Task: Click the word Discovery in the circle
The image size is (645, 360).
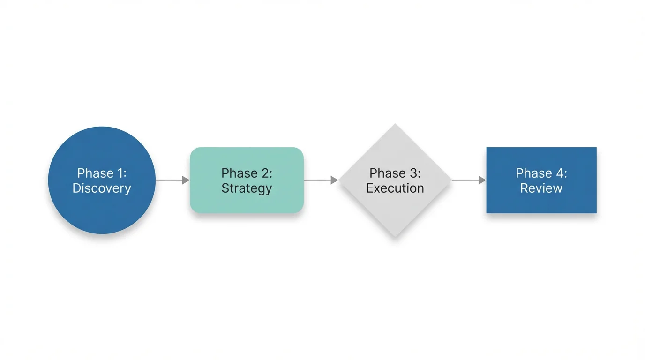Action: click(102, 188)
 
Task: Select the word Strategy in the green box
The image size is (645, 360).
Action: click(247, 188)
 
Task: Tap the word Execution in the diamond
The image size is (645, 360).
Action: click(395, 188)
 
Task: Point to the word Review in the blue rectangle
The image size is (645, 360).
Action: click(541, 188)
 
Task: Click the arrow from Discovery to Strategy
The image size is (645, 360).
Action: click(172, 180)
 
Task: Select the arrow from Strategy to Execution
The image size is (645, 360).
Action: click(321, 180)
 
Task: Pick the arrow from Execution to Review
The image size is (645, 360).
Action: click(468, 180)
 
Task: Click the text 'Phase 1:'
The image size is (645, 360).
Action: click(102, 173)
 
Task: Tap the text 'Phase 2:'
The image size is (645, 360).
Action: click(247, 173)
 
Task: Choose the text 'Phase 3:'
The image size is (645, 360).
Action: click(395, 173)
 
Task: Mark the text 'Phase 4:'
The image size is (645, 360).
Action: click(541, 173)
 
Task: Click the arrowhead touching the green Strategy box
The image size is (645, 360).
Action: click(186, 180)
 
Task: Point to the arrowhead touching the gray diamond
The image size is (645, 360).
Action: click(335, 180)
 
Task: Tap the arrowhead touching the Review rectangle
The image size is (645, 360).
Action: click(482, 180)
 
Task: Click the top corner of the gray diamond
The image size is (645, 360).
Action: click(395, 125)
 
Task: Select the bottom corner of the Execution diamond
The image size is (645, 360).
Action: click(395, 236)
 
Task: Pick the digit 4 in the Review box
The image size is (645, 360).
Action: click(560, 173)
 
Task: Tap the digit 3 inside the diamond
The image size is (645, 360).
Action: click(414, 173)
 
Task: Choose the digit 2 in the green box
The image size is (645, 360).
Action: click(266, 173)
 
